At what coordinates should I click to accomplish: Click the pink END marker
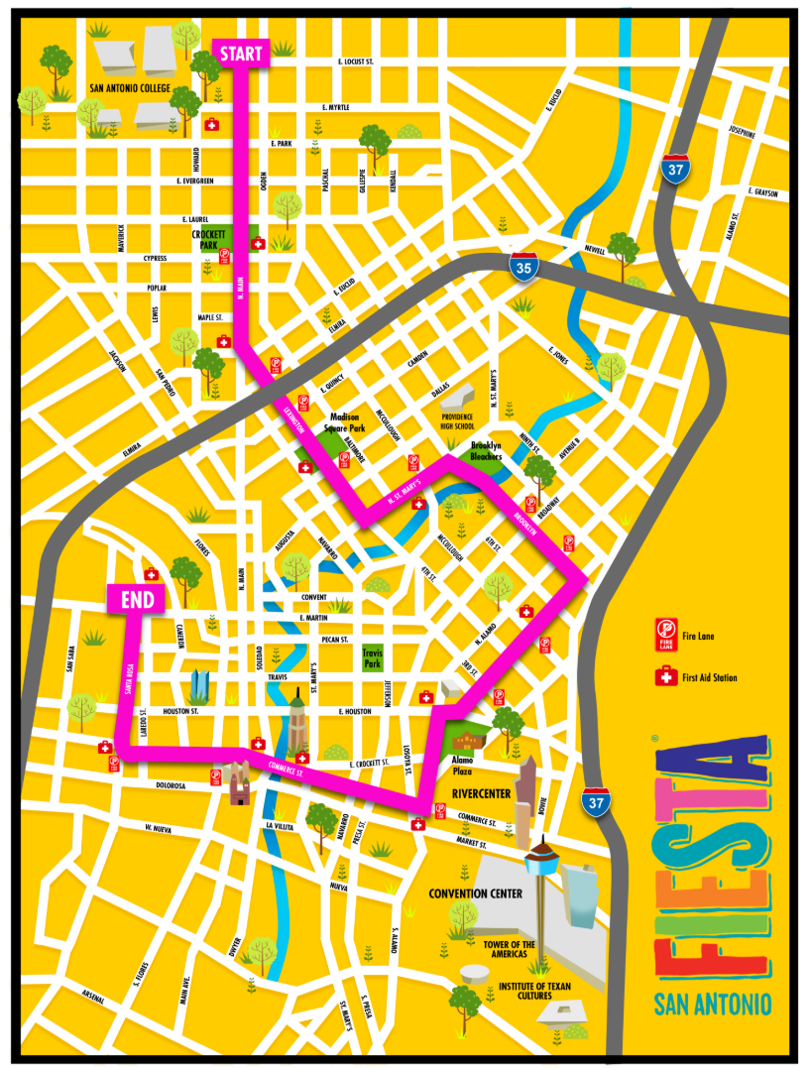click(x=136, y=599)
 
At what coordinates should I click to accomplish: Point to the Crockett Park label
click(x=210, y=240)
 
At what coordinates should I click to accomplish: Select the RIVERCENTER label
click(x=481, y=794)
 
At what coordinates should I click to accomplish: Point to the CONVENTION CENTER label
click(x=475, y=893)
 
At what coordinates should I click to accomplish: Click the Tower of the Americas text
click(x=514, y=949)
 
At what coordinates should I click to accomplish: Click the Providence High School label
click(x=470, y=422)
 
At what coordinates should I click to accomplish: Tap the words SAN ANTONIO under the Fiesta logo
click(x=712, y=1005)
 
